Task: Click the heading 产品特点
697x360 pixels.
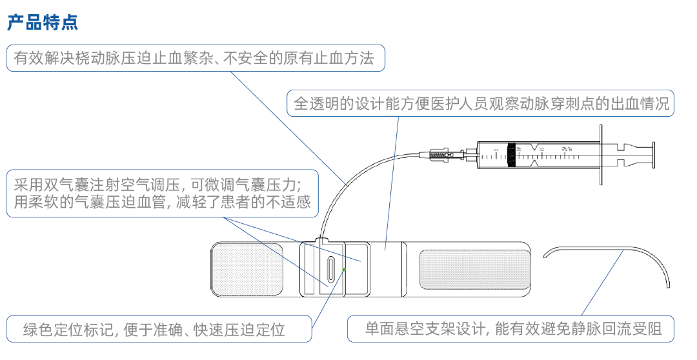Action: click(43, 24)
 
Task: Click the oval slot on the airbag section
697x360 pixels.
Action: click(330, 269)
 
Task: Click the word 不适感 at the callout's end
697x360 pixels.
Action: click(290, 202)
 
